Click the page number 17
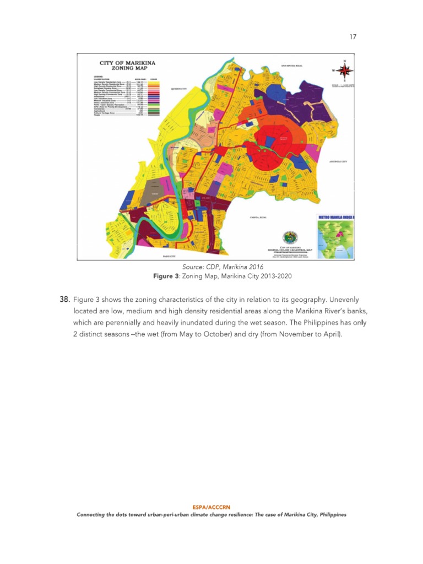click(352, 37)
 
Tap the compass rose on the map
click(345, 70)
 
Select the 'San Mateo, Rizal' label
click(292, 66)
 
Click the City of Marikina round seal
click(289, 237)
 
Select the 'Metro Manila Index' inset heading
click(337, 218)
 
